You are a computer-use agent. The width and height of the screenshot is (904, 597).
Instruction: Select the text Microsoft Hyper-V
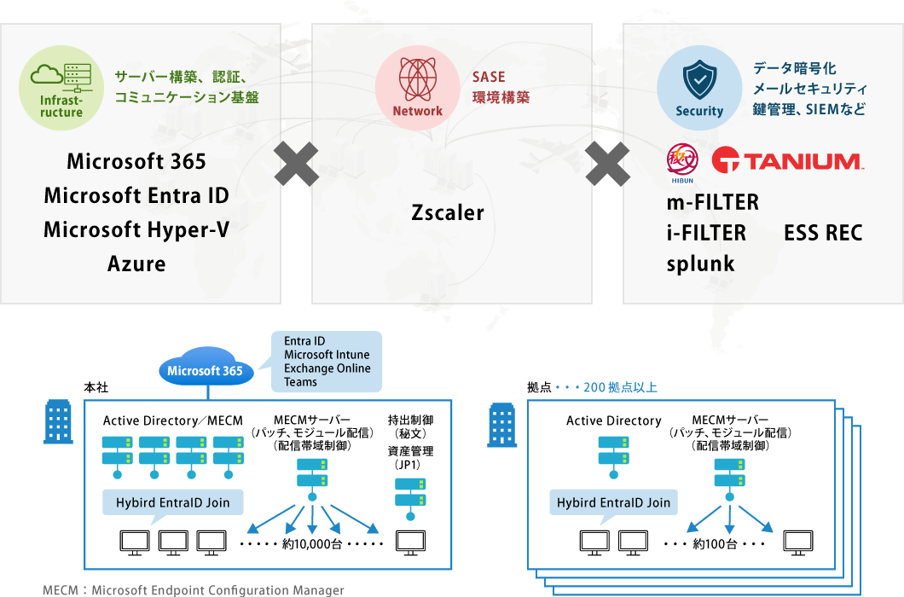[136, 229]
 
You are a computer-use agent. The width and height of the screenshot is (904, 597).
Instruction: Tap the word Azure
[136, 264]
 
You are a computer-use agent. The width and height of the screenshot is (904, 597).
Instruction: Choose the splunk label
[700, 264]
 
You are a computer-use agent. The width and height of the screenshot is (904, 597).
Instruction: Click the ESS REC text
[823, 233]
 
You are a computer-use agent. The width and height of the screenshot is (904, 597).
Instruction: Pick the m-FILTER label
[712, 203]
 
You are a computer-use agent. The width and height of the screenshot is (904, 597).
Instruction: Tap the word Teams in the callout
[300, 382]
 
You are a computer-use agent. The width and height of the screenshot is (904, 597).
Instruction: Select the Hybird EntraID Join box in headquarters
[172, 502]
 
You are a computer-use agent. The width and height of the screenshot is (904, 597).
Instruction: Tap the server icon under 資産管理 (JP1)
[410, 494]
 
